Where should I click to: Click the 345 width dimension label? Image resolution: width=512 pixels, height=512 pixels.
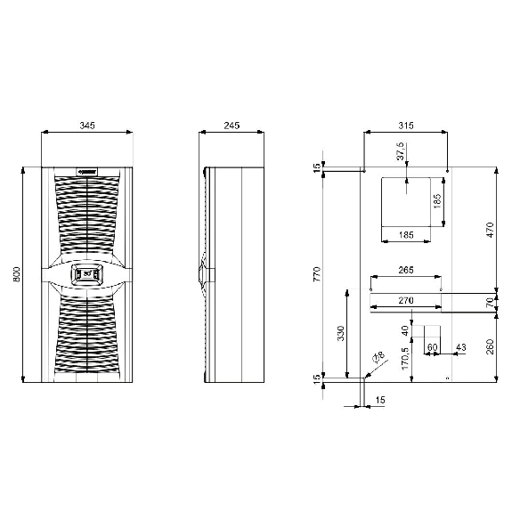pos(87,126)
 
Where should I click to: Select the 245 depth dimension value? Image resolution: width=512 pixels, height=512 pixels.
pos(232,126)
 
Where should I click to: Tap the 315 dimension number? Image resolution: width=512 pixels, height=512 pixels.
pos(406,126)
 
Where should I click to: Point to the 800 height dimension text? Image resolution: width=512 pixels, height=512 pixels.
pos(16,274)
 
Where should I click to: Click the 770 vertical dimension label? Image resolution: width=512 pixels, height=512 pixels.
pos(317,274)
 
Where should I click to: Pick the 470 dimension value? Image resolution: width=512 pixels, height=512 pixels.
pos(490,230)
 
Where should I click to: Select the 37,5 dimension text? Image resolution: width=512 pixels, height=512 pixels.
pos(401,151)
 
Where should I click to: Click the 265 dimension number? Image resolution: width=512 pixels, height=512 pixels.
pos(406,270)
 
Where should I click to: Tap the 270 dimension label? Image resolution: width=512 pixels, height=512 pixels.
pos(406,300)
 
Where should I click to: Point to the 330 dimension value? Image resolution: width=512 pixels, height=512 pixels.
pos(340,333)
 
